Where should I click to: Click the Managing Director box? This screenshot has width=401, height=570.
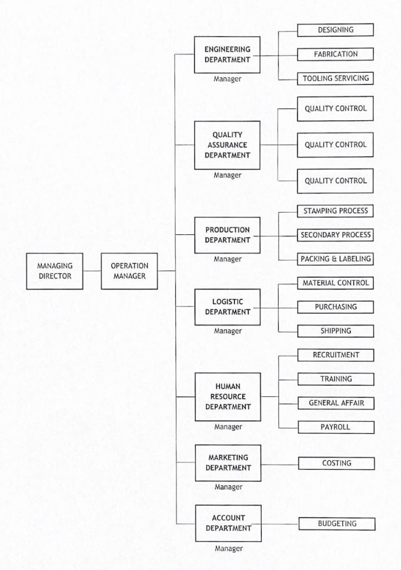pos(55,271)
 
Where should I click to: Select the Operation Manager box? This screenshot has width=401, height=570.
pos(129,271)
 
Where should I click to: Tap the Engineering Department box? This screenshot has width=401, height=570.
pos(227,55)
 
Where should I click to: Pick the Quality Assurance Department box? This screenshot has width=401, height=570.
pos(227,145)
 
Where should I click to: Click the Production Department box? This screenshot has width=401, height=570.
pos(227,235)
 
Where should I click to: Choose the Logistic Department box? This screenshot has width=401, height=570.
pos(227,307)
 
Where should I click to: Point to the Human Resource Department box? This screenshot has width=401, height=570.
pos(228,397)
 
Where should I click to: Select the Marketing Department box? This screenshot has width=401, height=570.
pos(228,463)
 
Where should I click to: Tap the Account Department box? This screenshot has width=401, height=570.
pos(228,523)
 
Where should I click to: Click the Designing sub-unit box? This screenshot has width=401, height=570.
pos(335,30)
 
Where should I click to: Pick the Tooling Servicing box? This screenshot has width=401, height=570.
pos(335,78)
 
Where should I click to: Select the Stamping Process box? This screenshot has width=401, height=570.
pos(335,211)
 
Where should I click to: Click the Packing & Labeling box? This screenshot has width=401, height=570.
pos(335,259)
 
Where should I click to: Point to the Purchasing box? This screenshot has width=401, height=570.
pos(336,307)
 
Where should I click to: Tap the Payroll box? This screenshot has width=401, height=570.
pos(336,427)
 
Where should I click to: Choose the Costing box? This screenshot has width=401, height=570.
pos(336,464)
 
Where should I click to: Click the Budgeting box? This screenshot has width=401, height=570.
pos(337,524)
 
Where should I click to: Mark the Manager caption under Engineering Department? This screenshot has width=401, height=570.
pos(227,79)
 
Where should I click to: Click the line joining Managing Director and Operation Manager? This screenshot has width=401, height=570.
pos(92,271)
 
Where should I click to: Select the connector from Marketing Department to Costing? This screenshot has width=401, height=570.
pos(280,464)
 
